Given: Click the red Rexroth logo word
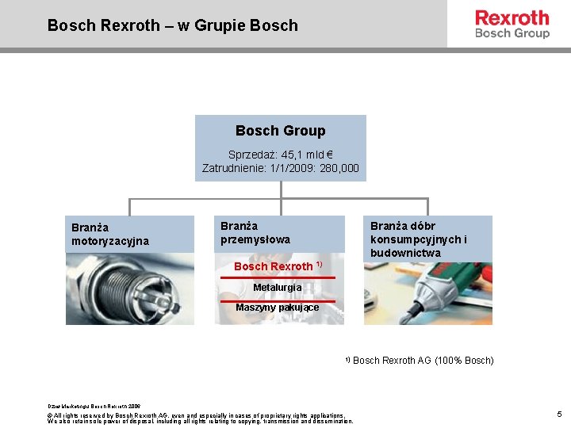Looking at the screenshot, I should pos(512,17).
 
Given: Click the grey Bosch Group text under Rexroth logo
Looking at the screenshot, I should pos(512,33).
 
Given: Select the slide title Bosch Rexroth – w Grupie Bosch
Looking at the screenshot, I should pos(172,25).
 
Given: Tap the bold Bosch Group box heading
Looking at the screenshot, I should pos(280,131).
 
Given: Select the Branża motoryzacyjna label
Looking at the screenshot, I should pos(110,234).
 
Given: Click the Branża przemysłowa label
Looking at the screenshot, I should pos(255,232).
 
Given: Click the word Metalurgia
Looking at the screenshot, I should pos(277,287).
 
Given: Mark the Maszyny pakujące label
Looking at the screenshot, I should pos(277,308).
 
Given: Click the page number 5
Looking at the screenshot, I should pos(559,414).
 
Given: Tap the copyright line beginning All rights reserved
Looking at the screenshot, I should pos(198,415).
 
